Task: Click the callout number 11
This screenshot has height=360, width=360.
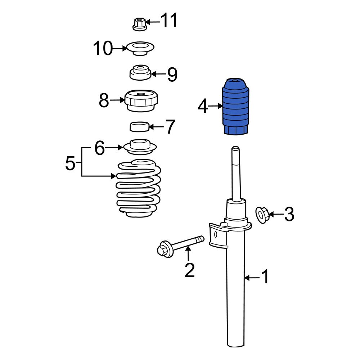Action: [169, 21]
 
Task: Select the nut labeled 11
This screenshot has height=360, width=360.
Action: [139, 24]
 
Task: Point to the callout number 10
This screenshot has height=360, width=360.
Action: [103, 48]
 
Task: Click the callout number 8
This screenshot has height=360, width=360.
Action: [104, 100]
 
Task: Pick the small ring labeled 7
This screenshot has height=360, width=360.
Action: [139, 127]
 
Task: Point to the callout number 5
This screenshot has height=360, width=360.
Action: [71, 164]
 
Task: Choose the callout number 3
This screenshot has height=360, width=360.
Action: [289, 215]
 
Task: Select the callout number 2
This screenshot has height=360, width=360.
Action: [189, 270]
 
